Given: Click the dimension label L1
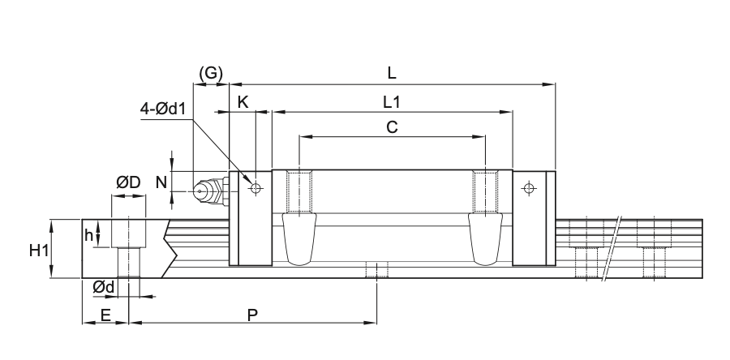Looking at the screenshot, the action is click(392, 102).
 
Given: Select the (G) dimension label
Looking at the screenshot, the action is click(211, 74).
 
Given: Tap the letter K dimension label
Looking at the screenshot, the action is click(243, 102).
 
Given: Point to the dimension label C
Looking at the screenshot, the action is click(392, 127).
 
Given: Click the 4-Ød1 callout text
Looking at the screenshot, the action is click(163, 109).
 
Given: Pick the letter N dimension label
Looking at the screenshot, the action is click(161, 182).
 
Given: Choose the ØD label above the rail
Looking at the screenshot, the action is click(128, 182).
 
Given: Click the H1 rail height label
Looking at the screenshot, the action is click(39, 251).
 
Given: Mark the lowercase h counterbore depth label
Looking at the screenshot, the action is click(88, 235).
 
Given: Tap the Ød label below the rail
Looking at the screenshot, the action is click(103, 288).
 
